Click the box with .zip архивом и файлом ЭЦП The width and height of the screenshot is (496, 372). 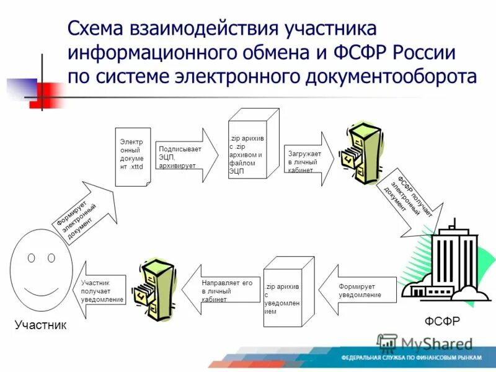point(251,146)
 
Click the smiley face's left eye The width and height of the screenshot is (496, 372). point(31,257)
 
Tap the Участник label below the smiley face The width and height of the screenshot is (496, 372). point(40,325)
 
